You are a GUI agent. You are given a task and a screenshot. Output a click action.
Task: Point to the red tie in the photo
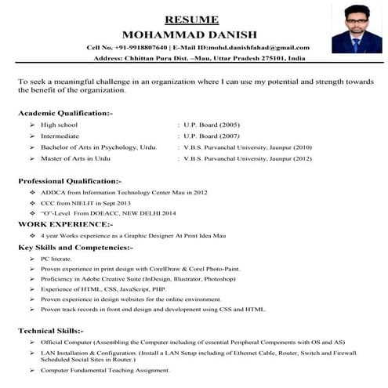click(x=357, y=44)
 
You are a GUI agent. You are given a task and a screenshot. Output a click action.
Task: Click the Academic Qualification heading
click(x=65, y=114)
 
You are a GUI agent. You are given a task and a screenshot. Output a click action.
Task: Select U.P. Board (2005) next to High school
click(x=209, y=125)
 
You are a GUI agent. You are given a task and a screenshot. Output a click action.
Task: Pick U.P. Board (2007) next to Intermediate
click(x=209, y=136)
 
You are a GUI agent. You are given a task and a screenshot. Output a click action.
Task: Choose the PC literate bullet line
click(x=57, y=258)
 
